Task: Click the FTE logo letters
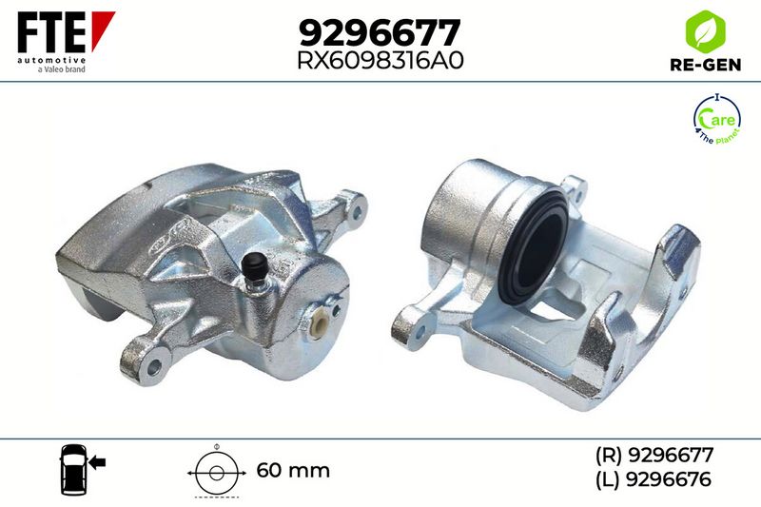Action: [x=52, y=32]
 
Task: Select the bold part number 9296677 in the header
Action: [x=379, y=32]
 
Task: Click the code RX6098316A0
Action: [x=380, y=61]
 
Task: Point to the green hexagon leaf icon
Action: [x=705, y=31]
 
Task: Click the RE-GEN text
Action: [x=705, y=65]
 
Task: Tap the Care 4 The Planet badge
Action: [x=717, y=118]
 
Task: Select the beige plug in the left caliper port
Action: [x=320, y=326]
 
